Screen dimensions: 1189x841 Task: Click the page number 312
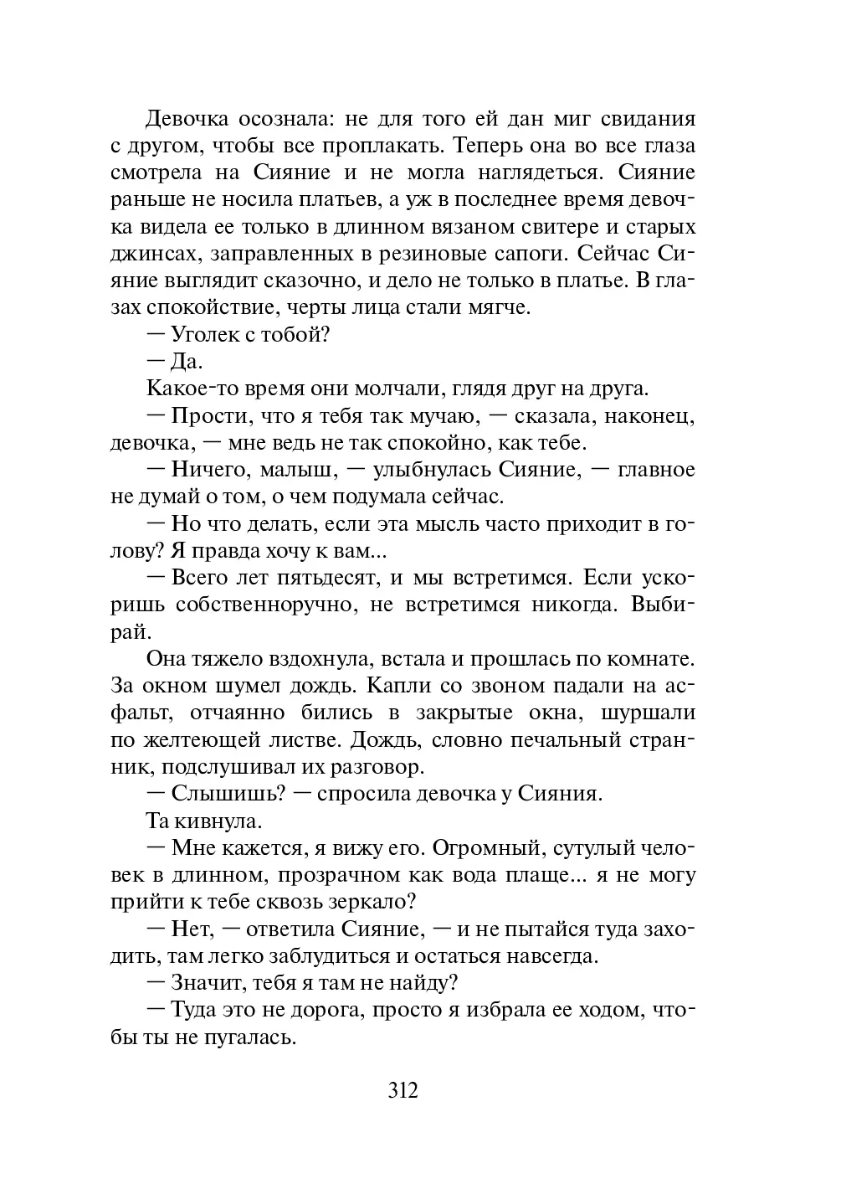[403, 1091]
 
